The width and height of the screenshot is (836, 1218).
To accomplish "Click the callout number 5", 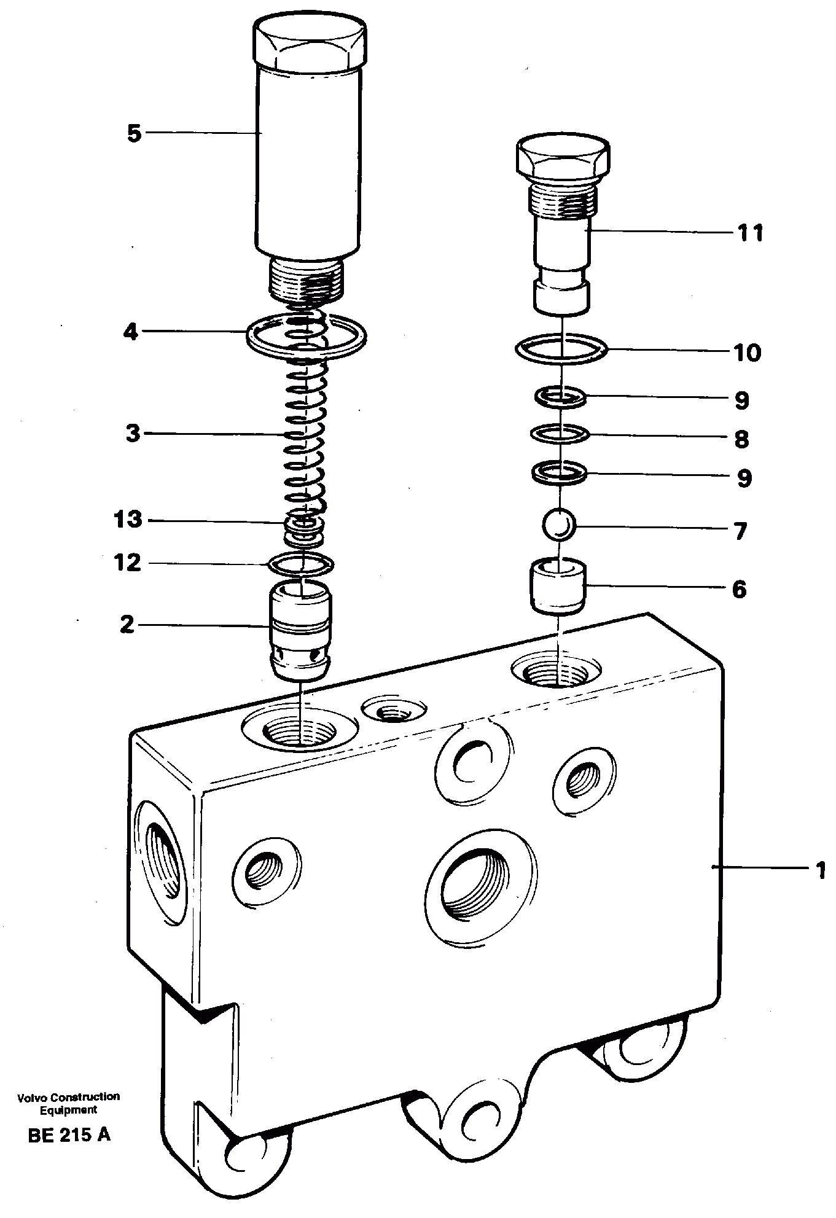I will point(134,133).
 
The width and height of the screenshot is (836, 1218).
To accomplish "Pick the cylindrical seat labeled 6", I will point(557,589).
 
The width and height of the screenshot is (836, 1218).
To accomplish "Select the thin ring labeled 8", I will point(560,435).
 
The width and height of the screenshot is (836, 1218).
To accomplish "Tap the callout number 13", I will point(128,520).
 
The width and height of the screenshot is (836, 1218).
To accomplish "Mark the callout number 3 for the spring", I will point(133,434).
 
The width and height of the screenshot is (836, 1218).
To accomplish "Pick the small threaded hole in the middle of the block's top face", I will point(393,712).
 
